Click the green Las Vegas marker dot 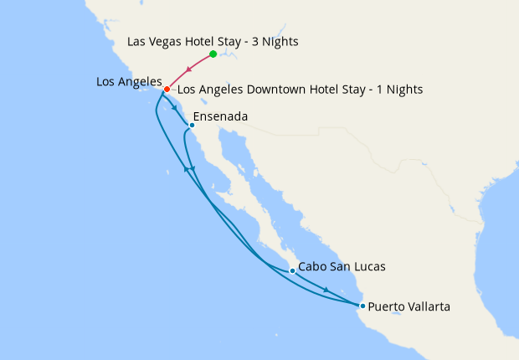click(213, 54)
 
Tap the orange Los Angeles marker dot click(167, 89)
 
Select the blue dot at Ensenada click(192, 126)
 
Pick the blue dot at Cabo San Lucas click(292, 271)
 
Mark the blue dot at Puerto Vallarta click(362, 306)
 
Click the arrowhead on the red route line click(188, 72)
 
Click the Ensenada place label click(220, 117)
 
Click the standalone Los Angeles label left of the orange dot click(128, 81)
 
